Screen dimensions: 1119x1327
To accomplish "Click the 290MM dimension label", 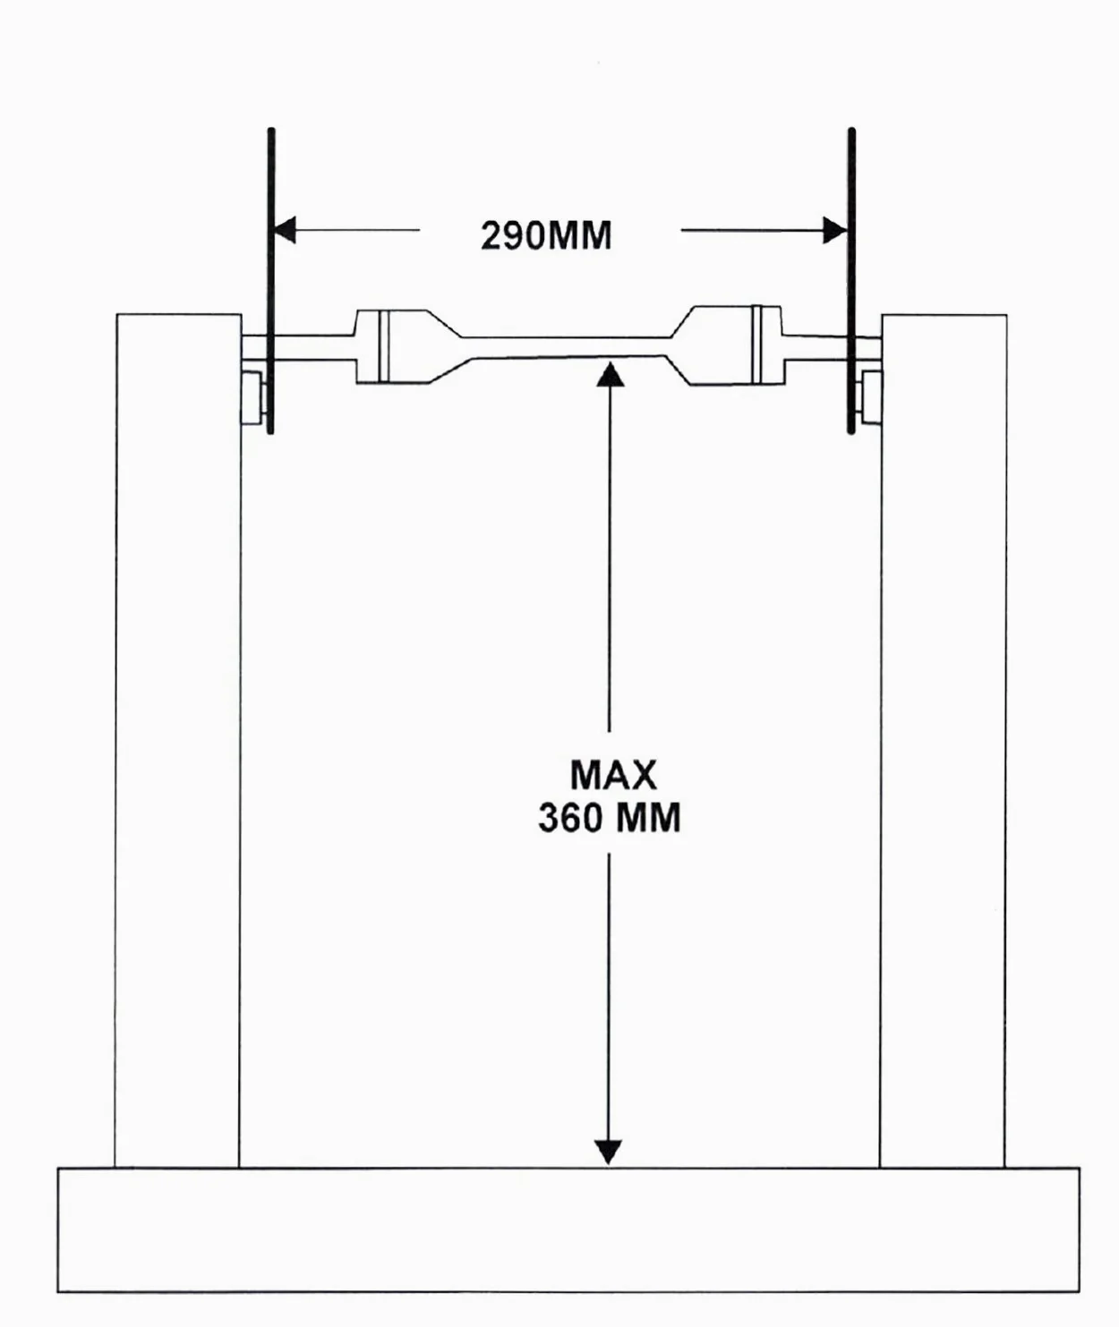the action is click(x=546, y=236).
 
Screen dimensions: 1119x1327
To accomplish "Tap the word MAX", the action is click(x=613, y=775).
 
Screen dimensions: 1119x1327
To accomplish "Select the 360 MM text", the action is click(x=609, y=817).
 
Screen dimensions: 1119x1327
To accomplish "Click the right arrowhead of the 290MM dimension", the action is click(x=835, y=230).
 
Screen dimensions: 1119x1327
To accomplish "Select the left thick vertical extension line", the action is click(x=271, y=281).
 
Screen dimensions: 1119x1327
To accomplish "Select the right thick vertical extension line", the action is click(x=851, y=281).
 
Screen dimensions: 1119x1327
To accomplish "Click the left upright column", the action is click(x=178, y=740).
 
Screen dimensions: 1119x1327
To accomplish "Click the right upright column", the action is click(x=943, y=740).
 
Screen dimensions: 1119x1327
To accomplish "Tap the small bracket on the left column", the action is click(x=254, y=397).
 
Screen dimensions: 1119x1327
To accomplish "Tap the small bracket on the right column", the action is click(x=870, y=397).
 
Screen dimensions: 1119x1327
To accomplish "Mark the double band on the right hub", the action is click(x=756, y=345).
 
